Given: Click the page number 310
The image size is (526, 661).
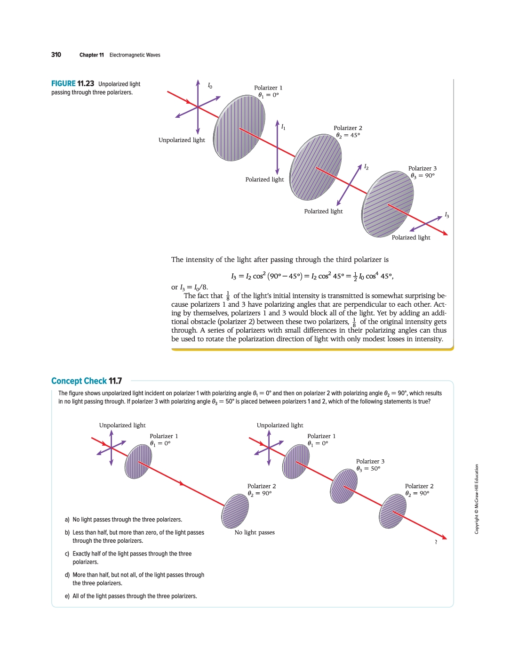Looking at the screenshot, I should (x=56, y=55).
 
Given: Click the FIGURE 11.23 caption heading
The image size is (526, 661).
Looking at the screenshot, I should (x=73, y=84).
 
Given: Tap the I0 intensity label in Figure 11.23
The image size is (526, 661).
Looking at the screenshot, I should (x=210, y=85).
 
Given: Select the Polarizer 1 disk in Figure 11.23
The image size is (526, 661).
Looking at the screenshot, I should (x=239, y=128).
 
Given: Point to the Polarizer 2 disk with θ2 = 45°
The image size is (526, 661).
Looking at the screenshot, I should (x=316, y=167).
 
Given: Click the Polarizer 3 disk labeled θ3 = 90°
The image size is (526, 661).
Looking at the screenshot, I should (x=388, y=204).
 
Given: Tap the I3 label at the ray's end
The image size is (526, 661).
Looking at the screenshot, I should (x=446, y=215).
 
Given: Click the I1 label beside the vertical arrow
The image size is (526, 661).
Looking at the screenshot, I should (x=283, y=127).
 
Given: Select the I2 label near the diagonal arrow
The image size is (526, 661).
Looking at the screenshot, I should (x=366, y=167).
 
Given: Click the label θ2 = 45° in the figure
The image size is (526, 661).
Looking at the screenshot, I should (x=348, y=135).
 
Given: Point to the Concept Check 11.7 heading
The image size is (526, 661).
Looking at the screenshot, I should (x=87, y=381).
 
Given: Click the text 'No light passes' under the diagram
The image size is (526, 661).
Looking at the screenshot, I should (x=255, y=532).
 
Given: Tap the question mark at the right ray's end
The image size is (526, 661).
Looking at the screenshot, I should (x=436, y=542).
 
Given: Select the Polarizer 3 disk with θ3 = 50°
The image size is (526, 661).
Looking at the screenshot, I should (x=344, y=486).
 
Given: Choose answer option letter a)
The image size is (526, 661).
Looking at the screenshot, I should (x=67, y=520).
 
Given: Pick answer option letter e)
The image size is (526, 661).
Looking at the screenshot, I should (x=67, y=596).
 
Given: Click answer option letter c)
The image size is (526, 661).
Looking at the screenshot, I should (x=67, y=554).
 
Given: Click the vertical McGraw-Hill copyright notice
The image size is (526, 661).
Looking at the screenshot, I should (x=477, y=499).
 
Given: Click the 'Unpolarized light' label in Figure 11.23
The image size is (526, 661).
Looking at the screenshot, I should (x=182, y=140).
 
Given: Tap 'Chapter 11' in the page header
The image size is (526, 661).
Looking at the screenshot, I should (x=92, y=55).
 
